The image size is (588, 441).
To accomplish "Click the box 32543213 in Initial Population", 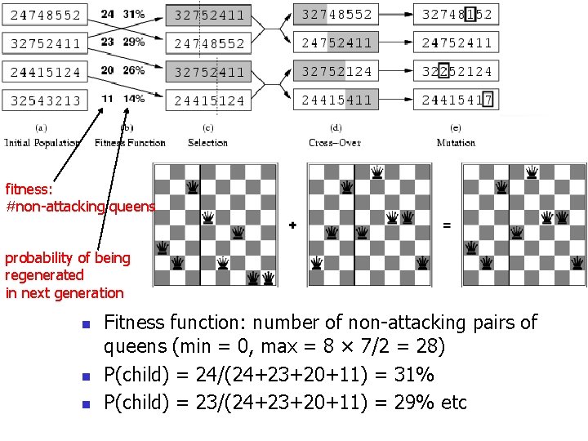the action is coord(46,100).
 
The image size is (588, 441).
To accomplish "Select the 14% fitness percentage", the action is coord(135,99).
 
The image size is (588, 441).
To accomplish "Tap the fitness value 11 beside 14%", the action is coord(108,99).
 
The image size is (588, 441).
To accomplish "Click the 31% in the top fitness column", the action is coord(134,14).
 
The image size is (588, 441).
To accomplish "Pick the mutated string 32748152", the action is coord(457,14).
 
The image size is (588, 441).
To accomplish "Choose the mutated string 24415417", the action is coord(457,100).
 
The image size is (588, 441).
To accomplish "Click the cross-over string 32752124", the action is coord(336,71).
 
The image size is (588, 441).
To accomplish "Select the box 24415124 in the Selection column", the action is coord(209,101).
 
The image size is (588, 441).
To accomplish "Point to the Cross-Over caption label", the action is coord(335,142).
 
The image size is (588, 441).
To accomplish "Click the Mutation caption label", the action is coord(456,142).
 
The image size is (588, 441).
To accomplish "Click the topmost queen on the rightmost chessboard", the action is coord(532,172).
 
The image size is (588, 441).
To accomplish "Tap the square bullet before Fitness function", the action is coord(84,324).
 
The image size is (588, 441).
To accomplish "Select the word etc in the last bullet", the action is coord(453,402).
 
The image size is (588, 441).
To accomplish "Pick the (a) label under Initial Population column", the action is coord(42,128).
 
